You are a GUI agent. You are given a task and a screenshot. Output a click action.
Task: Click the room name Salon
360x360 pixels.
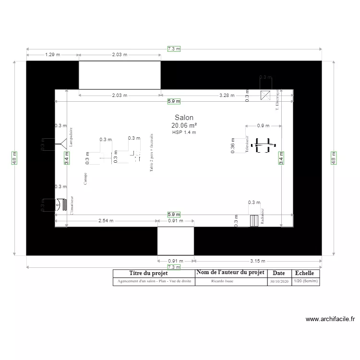184,118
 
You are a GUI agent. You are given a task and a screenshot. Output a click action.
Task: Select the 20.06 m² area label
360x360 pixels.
184,125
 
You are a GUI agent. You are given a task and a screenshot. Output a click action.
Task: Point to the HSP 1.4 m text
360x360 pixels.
184,132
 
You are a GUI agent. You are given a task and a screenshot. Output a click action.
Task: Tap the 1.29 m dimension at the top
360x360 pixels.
53,55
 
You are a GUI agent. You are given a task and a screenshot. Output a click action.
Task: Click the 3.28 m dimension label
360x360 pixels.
227,96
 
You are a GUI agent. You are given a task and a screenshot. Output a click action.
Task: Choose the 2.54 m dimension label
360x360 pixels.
106,221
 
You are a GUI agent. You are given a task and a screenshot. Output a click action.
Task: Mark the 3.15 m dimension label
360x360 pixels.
258,261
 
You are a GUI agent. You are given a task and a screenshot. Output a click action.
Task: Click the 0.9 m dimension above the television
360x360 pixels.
263,126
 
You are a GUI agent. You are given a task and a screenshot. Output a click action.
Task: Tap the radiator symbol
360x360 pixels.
254,220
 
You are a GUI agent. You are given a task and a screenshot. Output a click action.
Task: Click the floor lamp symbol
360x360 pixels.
61,143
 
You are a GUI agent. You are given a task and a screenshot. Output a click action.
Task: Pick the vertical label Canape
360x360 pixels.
85,179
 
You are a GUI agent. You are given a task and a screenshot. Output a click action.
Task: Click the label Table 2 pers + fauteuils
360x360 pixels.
151,153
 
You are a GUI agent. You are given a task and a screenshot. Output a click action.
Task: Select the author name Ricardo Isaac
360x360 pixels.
222,281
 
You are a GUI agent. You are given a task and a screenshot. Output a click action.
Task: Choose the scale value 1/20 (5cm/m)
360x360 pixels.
305,281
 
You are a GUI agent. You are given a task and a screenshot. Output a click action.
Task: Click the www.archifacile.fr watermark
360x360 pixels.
330,319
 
